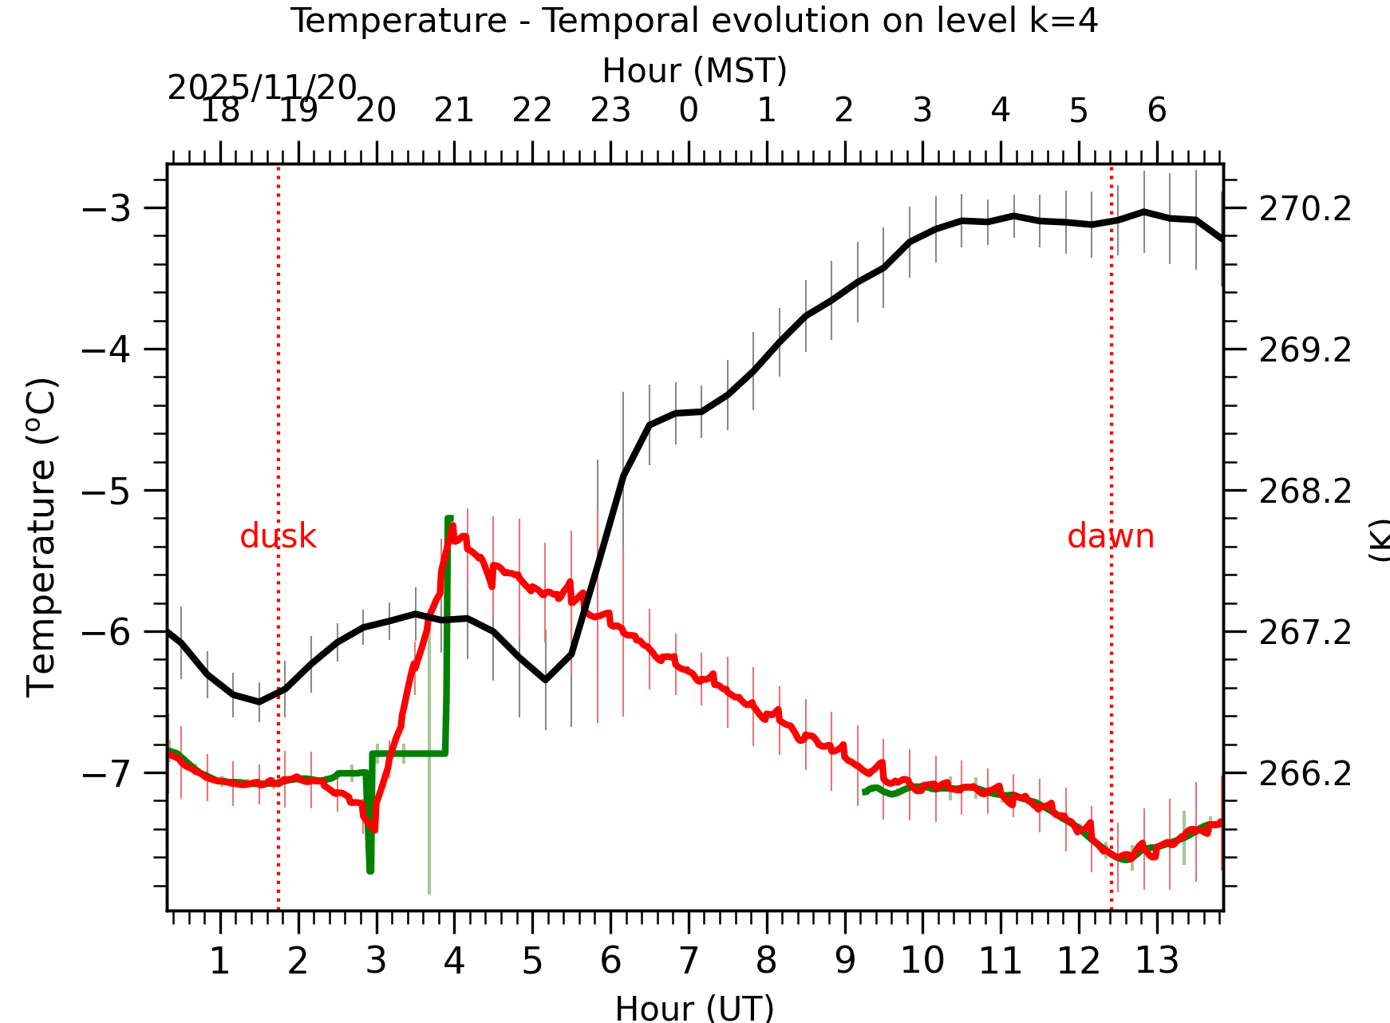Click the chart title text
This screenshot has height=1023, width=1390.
pyautogui.click(x=693, y=21)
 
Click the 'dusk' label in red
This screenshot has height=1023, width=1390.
pyautogui.click(x=278, y=536)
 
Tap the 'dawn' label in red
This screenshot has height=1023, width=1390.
pyautogui.click(x=1110, y=536)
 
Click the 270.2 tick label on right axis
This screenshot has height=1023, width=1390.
pyautogui.click(x=1305, y=209)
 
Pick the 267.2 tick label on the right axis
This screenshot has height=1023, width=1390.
pyautogui.click(x=1305, y=633)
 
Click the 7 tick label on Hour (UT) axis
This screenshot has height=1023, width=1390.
pyautogui.click(x=689, y=961)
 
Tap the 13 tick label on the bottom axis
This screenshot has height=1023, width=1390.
pyautogui.click(x=1156, y=961)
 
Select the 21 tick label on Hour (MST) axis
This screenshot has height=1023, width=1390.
pyautogui.click(x=454, y=110)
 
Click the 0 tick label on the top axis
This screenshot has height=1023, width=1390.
pyautogui.click(x=689, y=110)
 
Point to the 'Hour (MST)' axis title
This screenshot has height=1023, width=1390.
pyautogui.click(x=694, y=71)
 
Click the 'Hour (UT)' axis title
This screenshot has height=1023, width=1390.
pyautogui.click(x=694, y=1008)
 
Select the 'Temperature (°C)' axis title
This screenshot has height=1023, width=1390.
pyautogui.click(x=41, y=537)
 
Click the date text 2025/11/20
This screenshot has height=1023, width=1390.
pyautogui.click(x=262, y=88)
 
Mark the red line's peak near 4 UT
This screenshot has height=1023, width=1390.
pyautogui.click(x=452, y=527)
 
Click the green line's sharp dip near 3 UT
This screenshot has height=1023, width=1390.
pyautogui.click(x=370, y=870)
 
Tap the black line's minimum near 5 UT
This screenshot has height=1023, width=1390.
pyautogui.click(x=545, y=680)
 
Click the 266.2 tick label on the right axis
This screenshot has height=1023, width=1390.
pyautogui.click(x=1305, y=774)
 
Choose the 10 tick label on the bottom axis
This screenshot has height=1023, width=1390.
pyautogui.click(x=922, y=961)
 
